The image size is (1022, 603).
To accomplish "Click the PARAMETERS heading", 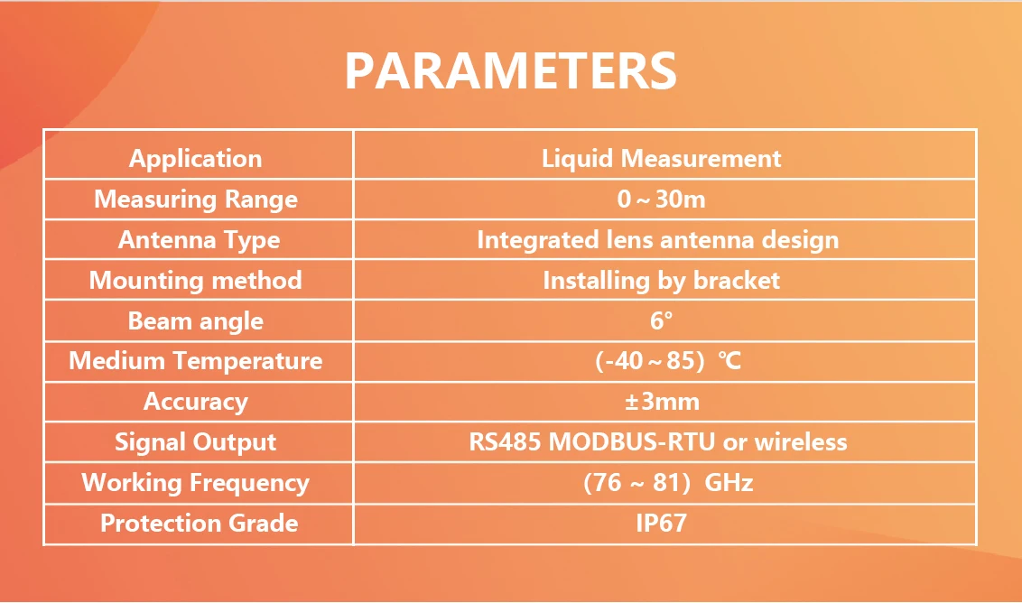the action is [511, 70].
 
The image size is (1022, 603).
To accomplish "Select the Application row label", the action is [196, 159].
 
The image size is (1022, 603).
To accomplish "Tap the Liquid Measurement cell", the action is [662, 158].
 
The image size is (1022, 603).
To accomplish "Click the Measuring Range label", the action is [196, 199].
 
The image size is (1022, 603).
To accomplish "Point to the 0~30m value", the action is [662, 199].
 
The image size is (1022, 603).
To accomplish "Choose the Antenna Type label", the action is [199, 240].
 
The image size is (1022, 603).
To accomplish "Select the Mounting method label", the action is [196, 281].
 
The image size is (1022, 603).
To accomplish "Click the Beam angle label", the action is [196, 320].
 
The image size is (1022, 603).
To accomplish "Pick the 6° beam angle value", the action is [662, 320].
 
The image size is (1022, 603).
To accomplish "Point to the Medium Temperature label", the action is [196, 360].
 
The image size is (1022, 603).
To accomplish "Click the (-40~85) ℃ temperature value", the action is [668, 360].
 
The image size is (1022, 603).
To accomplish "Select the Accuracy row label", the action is [196, 402].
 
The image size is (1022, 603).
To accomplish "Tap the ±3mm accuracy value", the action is [662, 402].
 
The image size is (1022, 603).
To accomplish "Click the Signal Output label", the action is [196, 442].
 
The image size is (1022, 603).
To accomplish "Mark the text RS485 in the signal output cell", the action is [506, 442].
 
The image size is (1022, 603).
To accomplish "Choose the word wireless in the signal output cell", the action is [801, 442].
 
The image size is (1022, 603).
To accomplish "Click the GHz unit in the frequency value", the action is [729, 482].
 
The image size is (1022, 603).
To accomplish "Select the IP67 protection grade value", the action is [662, 523].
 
